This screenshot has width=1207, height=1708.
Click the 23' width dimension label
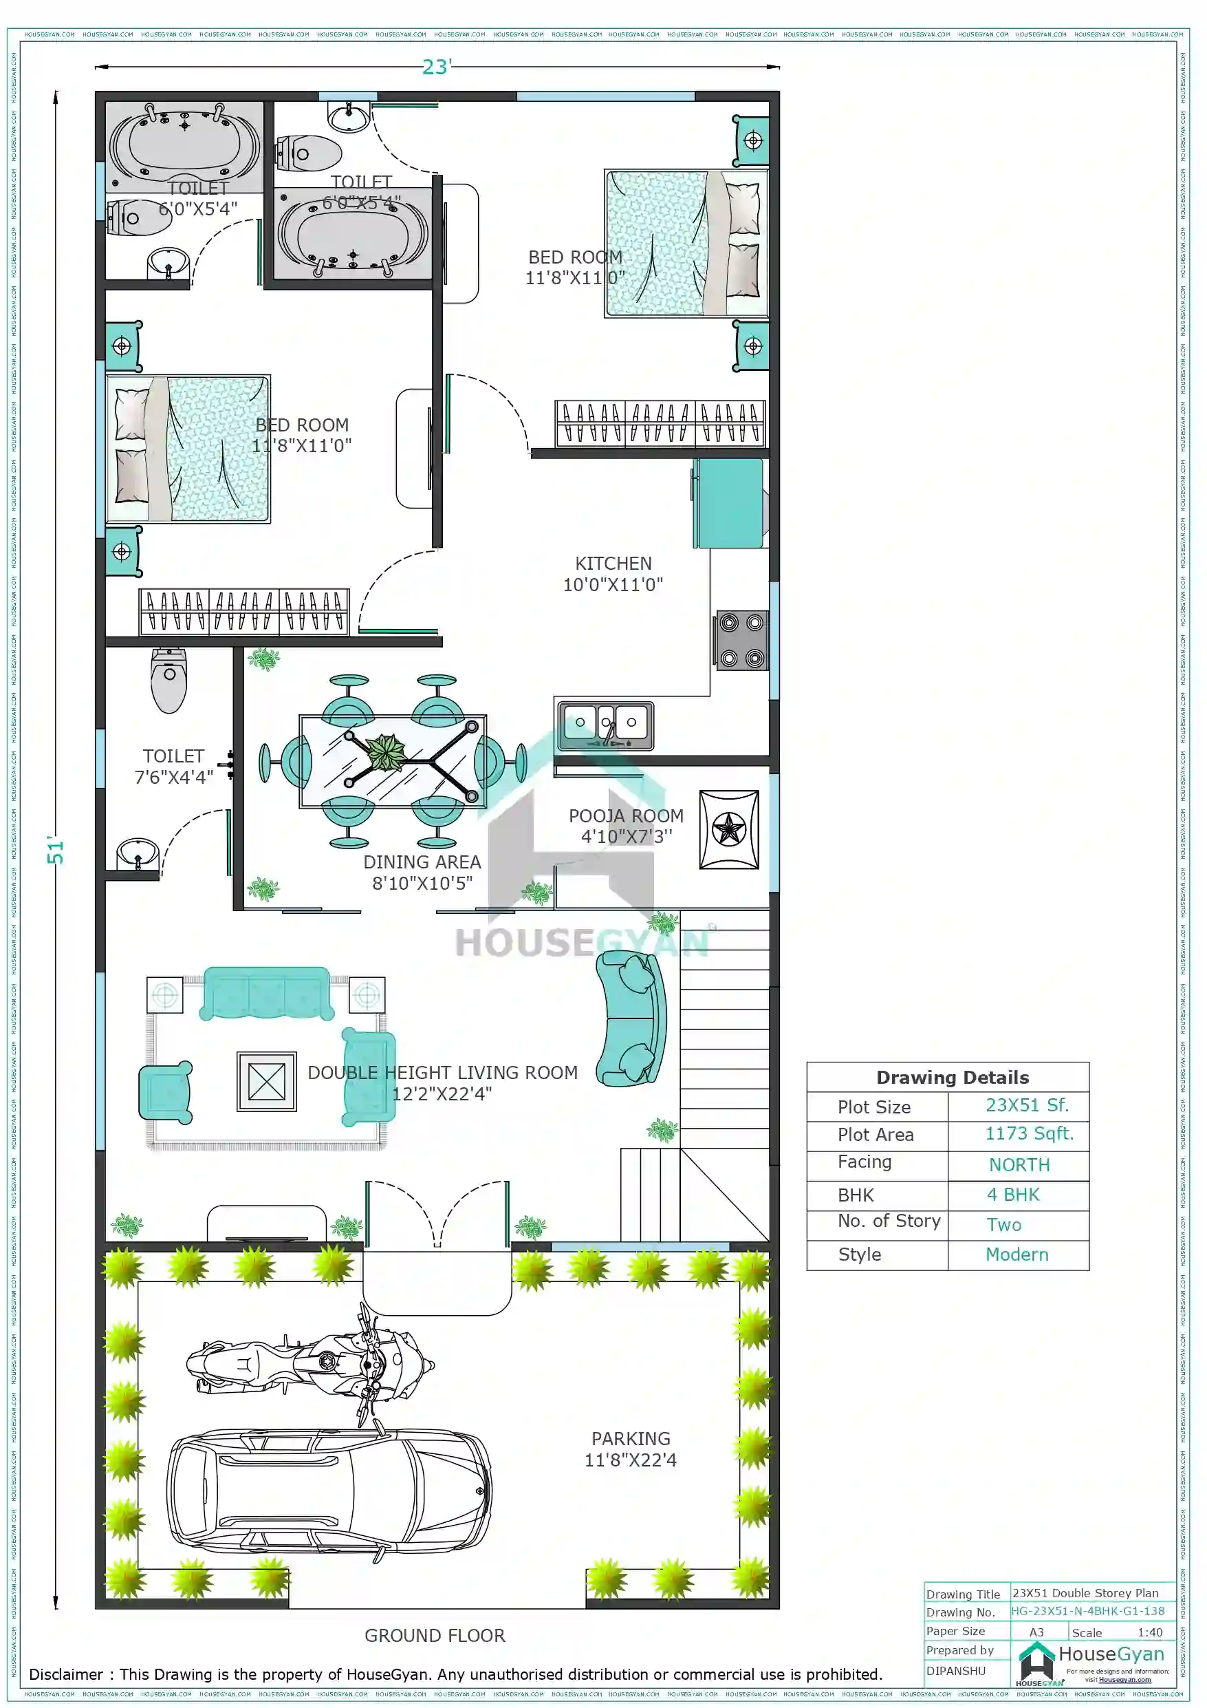coord(436,67)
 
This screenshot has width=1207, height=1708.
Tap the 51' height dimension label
coord(56,851)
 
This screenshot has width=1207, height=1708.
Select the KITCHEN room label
coord(613,564)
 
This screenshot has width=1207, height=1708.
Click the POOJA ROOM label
coord(625,816)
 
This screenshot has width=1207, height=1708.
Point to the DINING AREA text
coord(422,862)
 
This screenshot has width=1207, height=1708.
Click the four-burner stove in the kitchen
coord(741,641)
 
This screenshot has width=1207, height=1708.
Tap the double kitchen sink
coord(605,725)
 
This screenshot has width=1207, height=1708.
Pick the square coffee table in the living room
coord(266,1081)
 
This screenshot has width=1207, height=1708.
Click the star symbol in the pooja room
coord(728,829)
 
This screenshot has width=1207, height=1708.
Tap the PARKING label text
coord(631,1439)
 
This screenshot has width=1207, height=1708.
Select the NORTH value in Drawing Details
coord(1019,1165)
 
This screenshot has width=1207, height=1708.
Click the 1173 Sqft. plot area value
coord(1030,1133)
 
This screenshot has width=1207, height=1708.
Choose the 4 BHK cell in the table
coord(1013,1195)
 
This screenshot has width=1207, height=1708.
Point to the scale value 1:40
coord(1149,1633)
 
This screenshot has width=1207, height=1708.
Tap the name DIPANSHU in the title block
coord(956,1671)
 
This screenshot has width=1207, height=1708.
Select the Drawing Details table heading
coord(952,1077)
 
